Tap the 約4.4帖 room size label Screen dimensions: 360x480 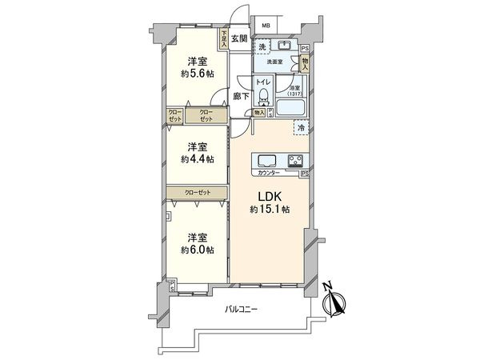197,159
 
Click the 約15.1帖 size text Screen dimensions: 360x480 268,209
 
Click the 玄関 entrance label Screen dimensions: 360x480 239,38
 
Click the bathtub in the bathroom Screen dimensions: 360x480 291,106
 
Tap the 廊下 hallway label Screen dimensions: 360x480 238,96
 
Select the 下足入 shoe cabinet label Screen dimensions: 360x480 225,40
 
